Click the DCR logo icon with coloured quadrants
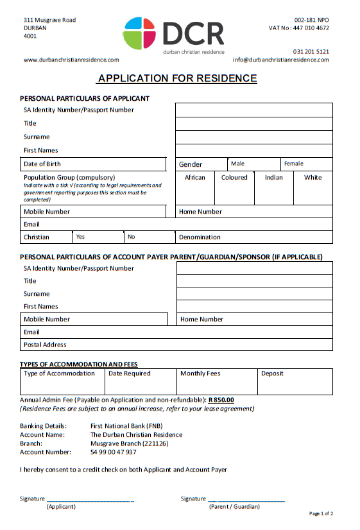[139, 33]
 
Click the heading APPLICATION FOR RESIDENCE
[177, 79]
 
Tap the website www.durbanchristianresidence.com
[71, 60]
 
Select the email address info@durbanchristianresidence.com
[280, 60]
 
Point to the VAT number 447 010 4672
[311, 28]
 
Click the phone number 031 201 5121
[311, 51]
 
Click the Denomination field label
[200, 237]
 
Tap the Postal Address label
[45, 345]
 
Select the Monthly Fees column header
[200, 373]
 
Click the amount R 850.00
[221, 400]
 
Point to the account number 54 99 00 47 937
[114, 452]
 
